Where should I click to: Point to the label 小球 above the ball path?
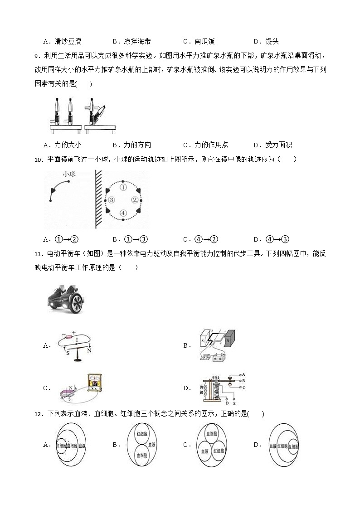pos(68,174)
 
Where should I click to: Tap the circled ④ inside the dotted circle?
pos(122,213)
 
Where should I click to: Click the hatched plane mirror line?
pos(97,199)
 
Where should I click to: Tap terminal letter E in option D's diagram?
pos(234,403)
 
